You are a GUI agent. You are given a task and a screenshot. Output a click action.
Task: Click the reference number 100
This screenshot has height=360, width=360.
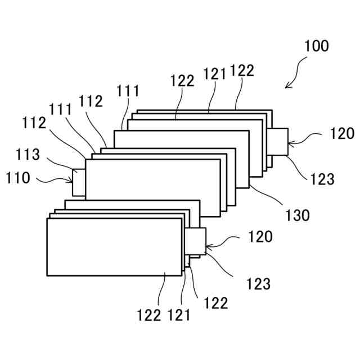click(317, 46)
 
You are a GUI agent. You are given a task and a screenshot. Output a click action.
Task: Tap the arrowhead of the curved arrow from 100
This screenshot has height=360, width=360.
click(287, 86)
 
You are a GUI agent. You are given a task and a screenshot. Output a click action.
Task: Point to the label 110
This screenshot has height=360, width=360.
click(18, 179)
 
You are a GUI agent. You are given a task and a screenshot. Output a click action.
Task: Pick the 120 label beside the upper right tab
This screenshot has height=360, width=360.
click(342, 134)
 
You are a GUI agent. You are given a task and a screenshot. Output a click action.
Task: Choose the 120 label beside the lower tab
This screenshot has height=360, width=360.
click(260, 237)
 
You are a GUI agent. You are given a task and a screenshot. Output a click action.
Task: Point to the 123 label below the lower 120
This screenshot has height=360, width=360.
click(258, 284)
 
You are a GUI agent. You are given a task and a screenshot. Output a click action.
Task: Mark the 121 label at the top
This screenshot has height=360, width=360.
click(215, 73)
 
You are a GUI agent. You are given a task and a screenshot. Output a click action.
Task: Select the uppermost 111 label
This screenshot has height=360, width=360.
click(128, 91)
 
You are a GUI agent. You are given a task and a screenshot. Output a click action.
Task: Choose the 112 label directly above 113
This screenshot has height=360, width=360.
click(35, 122)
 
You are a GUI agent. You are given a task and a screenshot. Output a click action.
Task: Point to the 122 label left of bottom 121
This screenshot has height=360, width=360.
click(149, 315)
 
